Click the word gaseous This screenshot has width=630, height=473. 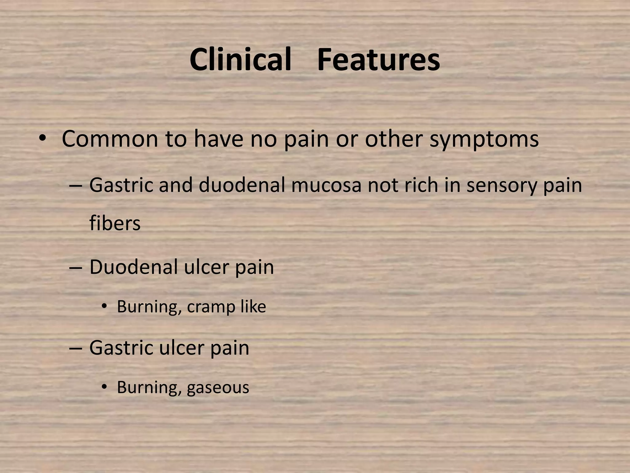click(218, 388)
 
